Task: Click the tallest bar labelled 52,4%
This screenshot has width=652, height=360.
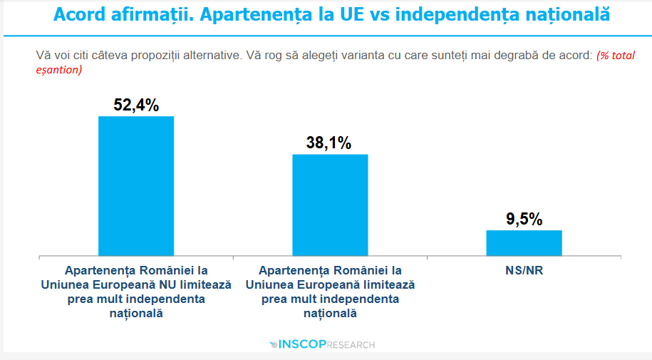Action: pyautogui.click(x=135, y=185)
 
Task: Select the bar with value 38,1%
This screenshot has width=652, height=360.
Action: pyautogui.click(x=330, y=205)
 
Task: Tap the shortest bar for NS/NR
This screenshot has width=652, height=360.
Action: pyautogui.click(x=524, y=242)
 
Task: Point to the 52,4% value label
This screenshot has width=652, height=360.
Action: pyautogui.click(x=135, y=106)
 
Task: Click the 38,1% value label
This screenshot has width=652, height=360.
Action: pyautogui.click(x=329, y=143)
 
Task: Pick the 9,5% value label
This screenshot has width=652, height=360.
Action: pyautogui.click(x=524, y=219)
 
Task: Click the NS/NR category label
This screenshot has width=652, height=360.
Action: pyautogui.click(x=524, y=271)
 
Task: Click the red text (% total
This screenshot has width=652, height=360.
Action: pyautogui.click(x=616, y=55)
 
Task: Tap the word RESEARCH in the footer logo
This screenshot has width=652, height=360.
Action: pyautogui.click(x=351, y=345)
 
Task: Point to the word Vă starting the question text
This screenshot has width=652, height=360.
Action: pyautogui.click(x=43, y=55)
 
